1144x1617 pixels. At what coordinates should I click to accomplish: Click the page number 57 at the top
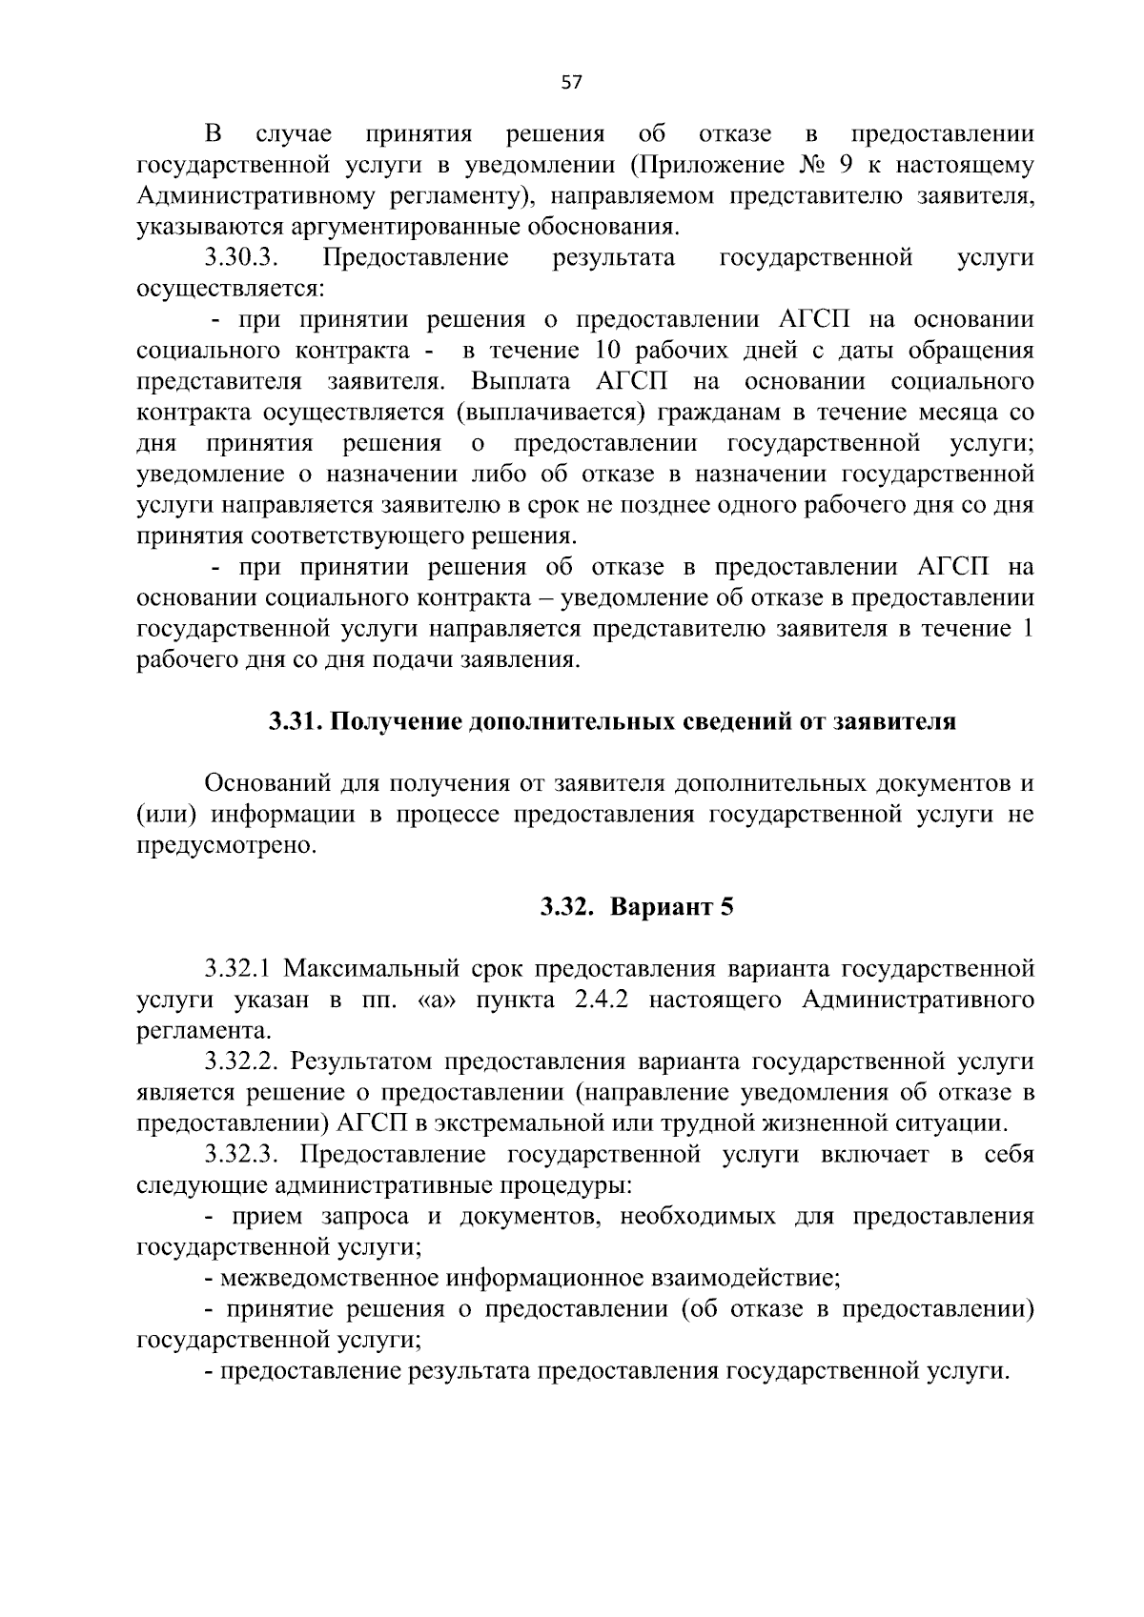coord(571,83)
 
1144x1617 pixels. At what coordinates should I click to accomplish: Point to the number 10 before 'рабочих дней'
coord(607,351)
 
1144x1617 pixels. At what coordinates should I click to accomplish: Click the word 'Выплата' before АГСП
coord(521,382)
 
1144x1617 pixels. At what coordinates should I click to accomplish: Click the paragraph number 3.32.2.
coord(243,1061)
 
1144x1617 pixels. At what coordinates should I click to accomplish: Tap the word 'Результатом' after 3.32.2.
coord(363,1061)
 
